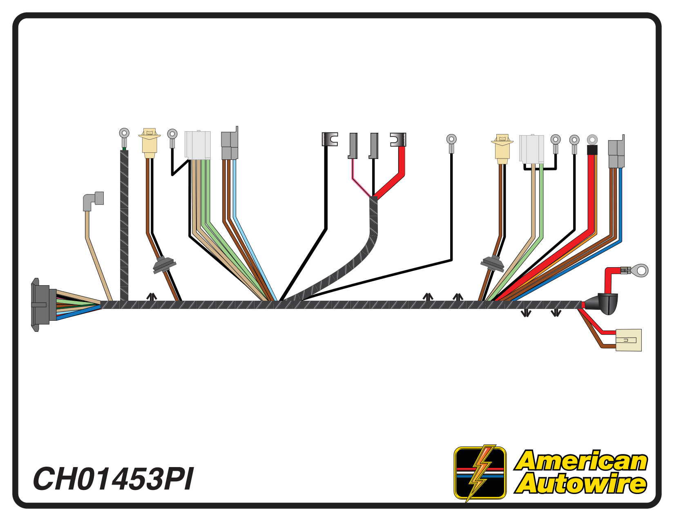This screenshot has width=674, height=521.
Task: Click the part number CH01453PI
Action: (x=113, y=479)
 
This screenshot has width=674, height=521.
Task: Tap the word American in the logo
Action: (x=582, y=461)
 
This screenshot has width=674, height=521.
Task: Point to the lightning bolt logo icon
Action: (x=480, y=473)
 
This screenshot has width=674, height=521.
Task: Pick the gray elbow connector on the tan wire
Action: (x=94, y=201)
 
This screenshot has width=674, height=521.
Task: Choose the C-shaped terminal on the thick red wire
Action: (x=398, y=140)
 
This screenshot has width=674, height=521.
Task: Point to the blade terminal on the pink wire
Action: (x=353, y=145)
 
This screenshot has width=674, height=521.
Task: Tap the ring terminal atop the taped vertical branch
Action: (x=124, y=135)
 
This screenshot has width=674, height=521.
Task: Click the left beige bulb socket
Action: (x=150, y=141)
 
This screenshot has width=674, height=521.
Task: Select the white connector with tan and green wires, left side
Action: (x=198, y=145)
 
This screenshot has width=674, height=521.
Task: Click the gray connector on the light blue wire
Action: (x=230, y=145)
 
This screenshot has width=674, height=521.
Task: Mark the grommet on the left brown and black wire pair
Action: (x=164, y=264)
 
